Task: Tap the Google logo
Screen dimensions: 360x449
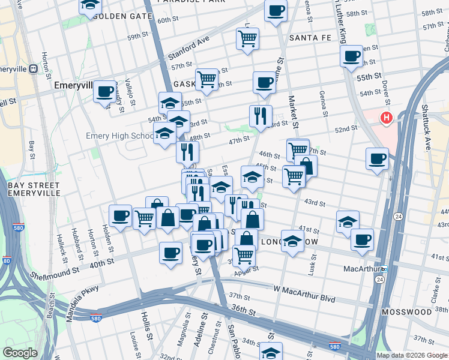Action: [x=20, y=353]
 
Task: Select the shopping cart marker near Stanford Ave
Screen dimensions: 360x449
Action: [x=247, y=39]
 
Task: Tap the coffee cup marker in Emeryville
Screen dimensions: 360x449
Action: [x=105, y=92]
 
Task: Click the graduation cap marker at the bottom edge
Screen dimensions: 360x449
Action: [x=271, y=352]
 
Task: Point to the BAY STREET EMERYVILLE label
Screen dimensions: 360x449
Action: [x=34, y=189]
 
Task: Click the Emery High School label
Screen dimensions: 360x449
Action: [x=119, y=136]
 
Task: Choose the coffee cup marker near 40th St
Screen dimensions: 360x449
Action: [x=170, y=252]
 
